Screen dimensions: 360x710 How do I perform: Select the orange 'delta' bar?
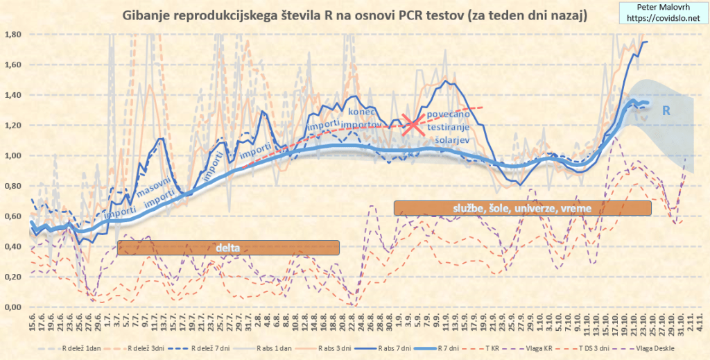pos(228,248)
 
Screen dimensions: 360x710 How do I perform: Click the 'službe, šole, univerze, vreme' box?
pos(523,207)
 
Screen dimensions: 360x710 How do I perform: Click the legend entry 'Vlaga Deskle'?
pos(652,346)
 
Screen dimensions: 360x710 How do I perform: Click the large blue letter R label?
pos(666,110)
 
